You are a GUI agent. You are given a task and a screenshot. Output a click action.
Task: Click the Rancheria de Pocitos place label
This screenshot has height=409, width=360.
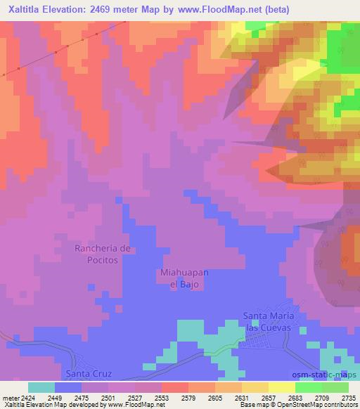103,254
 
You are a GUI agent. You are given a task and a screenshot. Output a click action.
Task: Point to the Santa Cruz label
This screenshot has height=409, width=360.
84,373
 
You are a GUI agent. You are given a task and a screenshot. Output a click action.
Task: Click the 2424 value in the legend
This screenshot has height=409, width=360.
20,397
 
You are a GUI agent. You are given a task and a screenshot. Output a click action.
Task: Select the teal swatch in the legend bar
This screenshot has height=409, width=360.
41,387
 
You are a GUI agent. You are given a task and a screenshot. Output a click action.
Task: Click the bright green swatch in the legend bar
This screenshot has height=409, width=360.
308,387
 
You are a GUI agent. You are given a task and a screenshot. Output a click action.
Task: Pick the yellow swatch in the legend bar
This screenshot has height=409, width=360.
281,387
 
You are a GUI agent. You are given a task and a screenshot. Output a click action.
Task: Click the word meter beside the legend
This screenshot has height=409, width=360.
9,397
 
